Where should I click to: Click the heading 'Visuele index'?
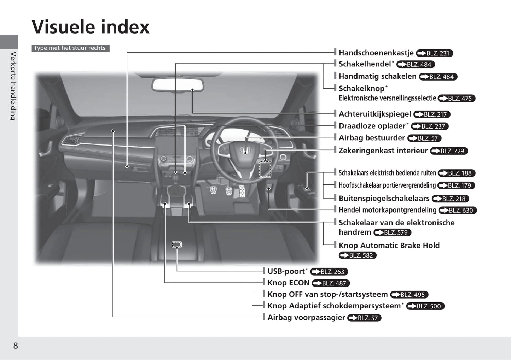click(90, 27)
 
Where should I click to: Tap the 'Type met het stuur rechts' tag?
click(70, 48)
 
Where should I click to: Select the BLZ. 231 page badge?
click(434, 53)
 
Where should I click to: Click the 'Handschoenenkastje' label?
click(376, 53)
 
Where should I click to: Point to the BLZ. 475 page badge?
click(457, 99)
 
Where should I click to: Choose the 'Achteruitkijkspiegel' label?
click(375, 114)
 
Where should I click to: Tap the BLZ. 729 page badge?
click(449, 151)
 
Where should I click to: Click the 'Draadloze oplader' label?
click(372, 126)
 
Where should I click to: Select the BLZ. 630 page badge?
click(458, 210)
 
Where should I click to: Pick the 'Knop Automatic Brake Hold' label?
click(389, 246)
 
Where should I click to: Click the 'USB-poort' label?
click(286, 271)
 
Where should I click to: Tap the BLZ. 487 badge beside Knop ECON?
click(331, 283)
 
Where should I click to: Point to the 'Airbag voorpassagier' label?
click(306, 317)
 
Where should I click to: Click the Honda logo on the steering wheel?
click(245, 150)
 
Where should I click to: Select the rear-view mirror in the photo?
click(178, 85)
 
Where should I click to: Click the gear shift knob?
click(175, 178)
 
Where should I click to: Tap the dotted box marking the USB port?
click(176, 244)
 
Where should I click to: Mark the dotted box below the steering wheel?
click(265, 169)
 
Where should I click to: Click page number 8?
click(16, 346)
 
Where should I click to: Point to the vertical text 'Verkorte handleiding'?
click(13, 86)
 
